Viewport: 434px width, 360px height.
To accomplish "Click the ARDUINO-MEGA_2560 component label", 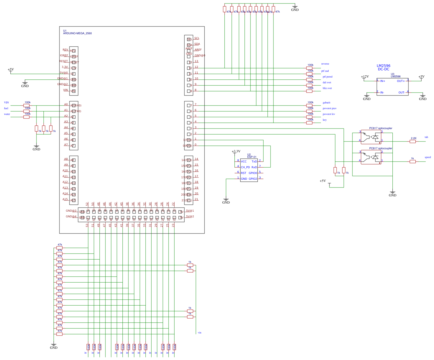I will click(77, 33).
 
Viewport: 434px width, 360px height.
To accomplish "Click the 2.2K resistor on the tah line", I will click(413, 141).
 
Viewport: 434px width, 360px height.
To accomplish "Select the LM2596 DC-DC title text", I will click(383, 67).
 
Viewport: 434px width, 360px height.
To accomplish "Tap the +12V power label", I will click(365, 76).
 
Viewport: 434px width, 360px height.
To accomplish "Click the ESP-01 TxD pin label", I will click(254, 162).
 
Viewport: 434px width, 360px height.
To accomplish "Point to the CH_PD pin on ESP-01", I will click(245, 167).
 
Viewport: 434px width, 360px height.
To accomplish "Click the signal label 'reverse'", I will click(325, 64).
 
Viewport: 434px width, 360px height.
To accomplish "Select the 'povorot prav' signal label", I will click(329, 108).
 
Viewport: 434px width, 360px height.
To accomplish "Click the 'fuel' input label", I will click(6, 108).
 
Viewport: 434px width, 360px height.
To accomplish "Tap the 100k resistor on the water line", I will click(26, 117).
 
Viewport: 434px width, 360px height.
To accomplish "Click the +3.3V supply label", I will click(236, 151).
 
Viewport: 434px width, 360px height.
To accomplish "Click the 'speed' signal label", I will click(428, 157).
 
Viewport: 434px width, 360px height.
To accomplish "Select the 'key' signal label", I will click(325, 120).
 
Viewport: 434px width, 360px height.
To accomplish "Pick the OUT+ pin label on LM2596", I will click(401, 81).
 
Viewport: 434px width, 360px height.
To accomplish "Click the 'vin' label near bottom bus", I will click(199, 333).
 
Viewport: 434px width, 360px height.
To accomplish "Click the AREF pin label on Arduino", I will click(198, 50).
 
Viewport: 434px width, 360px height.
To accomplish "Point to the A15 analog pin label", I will click(65, 199).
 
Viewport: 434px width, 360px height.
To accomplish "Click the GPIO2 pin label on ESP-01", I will click(253, 179).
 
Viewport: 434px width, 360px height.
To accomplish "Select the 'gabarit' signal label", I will click(326, 103).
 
